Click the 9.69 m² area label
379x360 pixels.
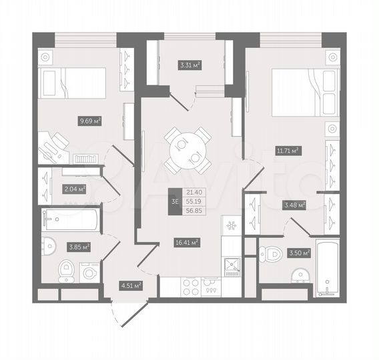pos(90,121)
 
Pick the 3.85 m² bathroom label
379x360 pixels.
pos(79,246)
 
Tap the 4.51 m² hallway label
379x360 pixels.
pos(130,286)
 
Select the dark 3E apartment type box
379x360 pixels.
pos(175,200)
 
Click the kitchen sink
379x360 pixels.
pos(232,267)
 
